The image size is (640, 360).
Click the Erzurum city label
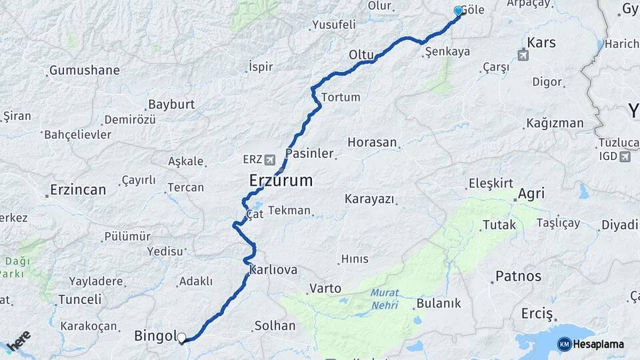pos(281,180)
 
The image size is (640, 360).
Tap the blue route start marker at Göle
pos(458,11)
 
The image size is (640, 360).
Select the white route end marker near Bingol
pos(181,337)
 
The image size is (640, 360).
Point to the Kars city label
pos(541,43)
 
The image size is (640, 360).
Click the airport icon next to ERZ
pos(269,160)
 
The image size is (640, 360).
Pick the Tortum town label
pos(341,97)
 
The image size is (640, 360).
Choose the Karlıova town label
pos(273,270)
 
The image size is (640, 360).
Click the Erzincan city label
pos(78,190)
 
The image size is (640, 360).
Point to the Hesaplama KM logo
pos(591,344)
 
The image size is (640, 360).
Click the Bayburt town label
pos(171,105)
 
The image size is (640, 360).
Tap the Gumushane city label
pos(85,70)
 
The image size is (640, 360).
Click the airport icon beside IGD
pos(624,157)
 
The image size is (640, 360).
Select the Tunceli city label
pos(79,300)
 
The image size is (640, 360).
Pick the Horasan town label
pos(372,143)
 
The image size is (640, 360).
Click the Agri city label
pos(531,194)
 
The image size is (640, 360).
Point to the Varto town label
pos(325,289)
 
